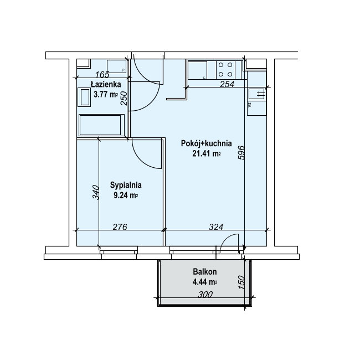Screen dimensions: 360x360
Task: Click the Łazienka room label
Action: tap(106, 84)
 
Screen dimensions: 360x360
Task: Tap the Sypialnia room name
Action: tap(126, 185)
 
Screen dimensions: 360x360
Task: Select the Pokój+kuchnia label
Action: tap(207, 143)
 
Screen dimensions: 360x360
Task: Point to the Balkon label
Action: tap(205, 271)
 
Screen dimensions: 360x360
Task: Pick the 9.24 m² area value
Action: tap(126, 196)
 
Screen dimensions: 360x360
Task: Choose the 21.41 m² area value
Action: tap(207, 153)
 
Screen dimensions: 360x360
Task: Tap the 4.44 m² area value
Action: tap(205, 281)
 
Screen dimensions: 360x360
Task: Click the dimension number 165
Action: tap(102, 74)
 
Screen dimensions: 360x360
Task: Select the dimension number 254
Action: tap(227, 84)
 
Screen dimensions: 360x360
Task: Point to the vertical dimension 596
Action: tap(241, 152)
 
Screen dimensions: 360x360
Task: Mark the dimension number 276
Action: tap(120, 227)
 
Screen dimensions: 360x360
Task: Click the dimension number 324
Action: tap(216, 227)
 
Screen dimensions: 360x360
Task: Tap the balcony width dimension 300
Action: tap(205, 294)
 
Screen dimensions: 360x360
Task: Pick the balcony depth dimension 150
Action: tap(241, 282)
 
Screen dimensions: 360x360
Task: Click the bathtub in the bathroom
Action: tap(101, 125)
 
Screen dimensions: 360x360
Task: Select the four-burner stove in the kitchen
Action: tap(225, 70)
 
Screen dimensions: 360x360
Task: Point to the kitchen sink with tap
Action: tap(256, 94)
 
